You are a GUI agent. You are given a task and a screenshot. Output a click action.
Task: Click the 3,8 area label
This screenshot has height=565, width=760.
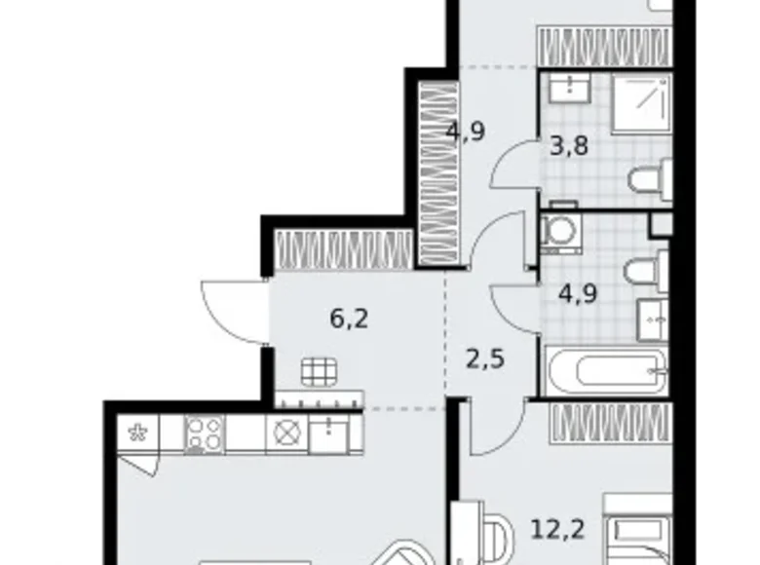[570, 146]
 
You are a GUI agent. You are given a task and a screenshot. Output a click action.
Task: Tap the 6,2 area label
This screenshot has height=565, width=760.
[349, 319]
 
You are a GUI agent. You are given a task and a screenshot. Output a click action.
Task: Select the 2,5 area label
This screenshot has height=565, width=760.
[485, 359]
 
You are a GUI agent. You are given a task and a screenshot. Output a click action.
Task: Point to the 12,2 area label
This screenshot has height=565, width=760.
[558, 529]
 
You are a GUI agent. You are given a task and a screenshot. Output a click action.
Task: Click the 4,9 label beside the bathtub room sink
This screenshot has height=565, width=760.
[578, 293]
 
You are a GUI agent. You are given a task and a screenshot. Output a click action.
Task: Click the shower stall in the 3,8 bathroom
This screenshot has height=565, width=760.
[641, 104]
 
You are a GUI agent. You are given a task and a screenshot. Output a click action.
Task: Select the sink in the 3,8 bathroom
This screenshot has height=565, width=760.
[570, 88]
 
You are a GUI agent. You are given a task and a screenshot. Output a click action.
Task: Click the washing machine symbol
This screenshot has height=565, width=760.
[561, 234]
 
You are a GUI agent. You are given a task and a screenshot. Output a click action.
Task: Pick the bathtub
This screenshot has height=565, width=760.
[606, 371]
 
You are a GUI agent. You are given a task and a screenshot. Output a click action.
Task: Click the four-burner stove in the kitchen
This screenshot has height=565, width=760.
[204, 434]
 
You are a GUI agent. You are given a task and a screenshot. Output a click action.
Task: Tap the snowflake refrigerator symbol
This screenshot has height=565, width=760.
[137, 433]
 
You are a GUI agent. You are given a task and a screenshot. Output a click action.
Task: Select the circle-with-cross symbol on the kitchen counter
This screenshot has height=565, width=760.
[286, 433]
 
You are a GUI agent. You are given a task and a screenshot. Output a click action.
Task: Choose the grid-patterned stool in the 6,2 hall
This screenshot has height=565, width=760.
[320, 372]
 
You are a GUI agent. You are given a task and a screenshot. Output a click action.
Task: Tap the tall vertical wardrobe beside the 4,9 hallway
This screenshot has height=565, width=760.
[438, 173]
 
